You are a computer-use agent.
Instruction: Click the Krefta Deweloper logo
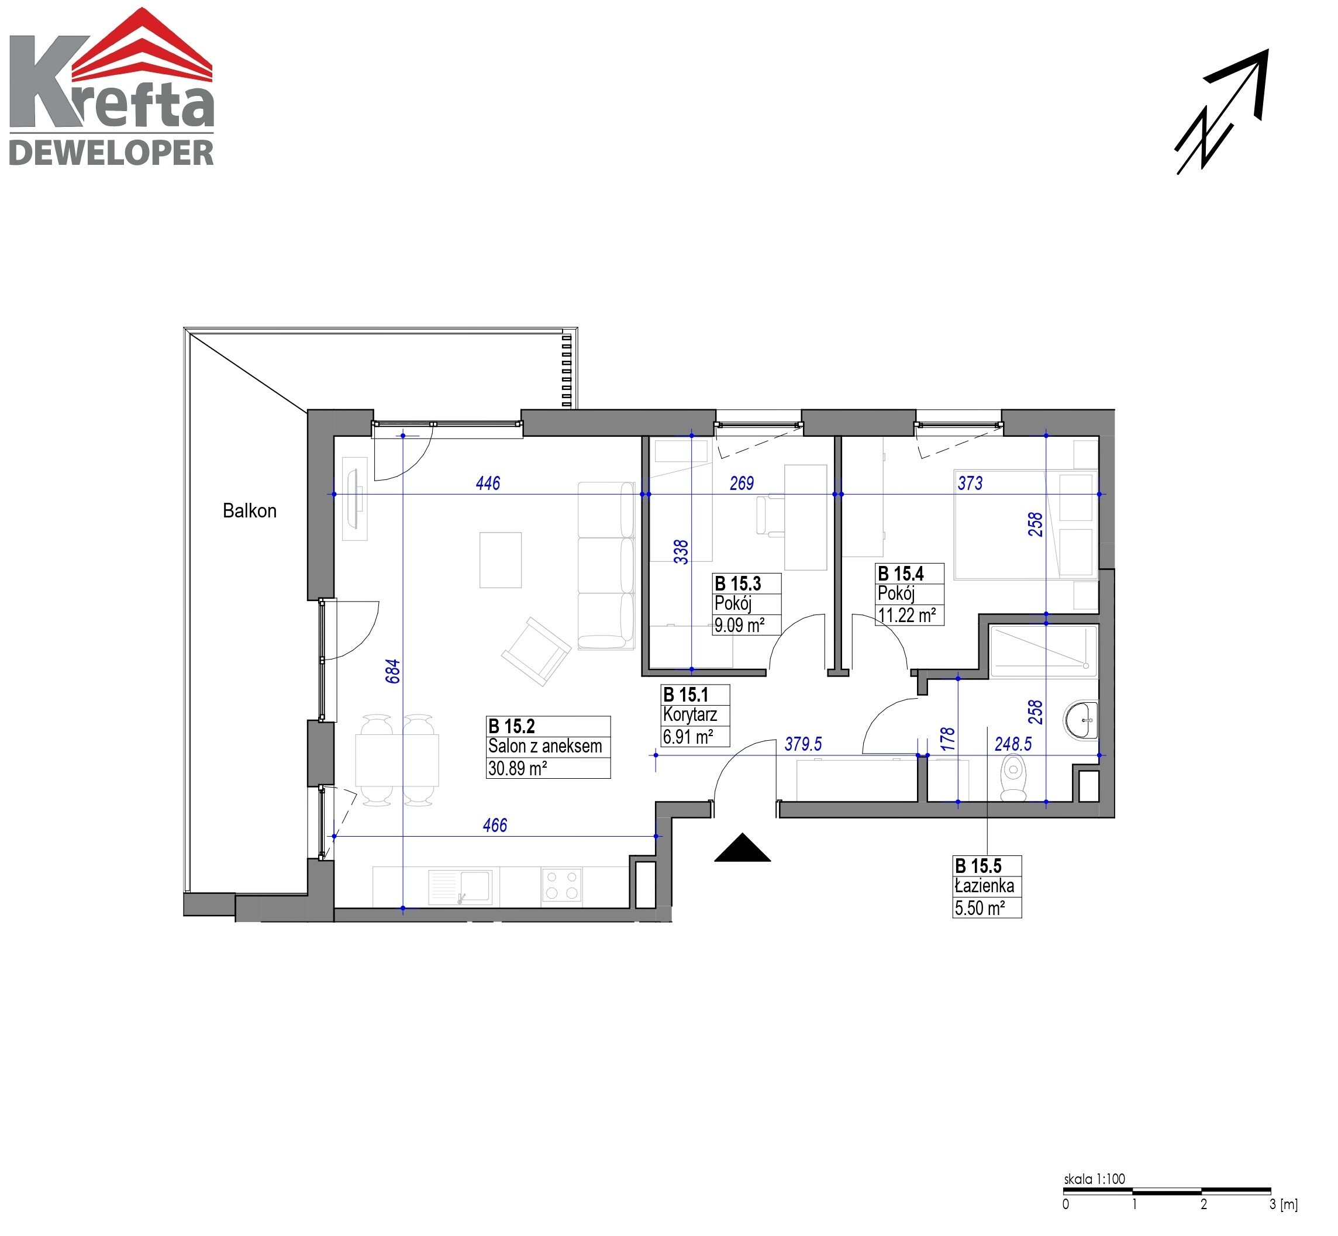112,87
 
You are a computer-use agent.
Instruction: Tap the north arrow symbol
1222,112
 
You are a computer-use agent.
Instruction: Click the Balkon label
250,511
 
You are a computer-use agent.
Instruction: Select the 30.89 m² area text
517,768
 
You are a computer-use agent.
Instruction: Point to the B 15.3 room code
738,584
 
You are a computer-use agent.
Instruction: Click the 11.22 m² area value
906,615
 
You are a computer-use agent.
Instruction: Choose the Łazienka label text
984,886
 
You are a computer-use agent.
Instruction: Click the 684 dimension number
393,671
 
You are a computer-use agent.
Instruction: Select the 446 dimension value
488,483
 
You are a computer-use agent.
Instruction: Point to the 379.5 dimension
803,744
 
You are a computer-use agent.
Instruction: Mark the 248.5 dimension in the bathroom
1013,744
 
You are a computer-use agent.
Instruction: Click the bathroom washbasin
1081,720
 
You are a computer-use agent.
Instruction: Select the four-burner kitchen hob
561,884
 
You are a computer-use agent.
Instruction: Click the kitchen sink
460,886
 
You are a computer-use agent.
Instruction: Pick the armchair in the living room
536,651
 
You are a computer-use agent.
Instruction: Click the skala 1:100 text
1095,1179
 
